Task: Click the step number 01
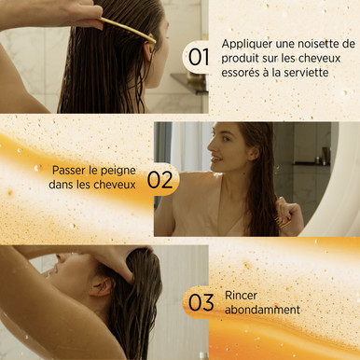point(199,57)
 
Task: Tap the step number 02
point(159,180)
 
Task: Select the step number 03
point(201,302)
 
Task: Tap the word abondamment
point(262,310)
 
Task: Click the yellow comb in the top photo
point(128,30)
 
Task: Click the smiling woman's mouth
point(217,159)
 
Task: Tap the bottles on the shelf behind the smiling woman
point(322,156)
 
